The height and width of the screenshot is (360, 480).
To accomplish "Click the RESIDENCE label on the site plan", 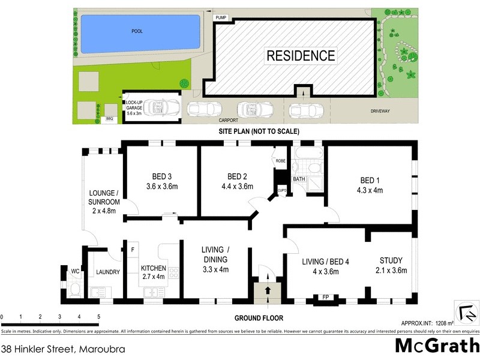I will click(301, 56).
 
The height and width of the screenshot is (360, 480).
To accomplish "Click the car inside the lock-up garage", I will click(160, 109).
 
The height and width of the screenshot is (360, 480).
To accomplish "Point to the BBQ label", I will click(110, 119).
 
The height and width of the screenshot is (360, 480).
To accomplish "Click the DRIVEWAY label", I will click(381, 111).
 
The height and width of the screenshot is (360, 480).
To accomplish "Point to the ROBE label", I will click(280, 161).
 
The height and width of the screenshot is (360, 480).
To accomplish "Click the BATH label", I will click(299, 179).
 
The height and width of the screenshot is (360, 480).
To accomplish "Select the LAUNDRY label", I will click(108, 272).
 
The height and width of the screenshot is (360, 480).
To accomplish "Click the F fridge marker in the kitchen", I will click(132, 250).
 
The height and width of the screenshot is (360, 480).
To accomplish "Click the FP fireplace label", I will click(326, 296).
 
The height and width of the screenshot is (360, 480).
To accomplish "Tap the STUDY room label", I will click(391, 260).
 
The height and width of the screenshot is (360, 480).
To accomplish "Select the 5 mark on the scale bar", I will click(98, 316).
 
